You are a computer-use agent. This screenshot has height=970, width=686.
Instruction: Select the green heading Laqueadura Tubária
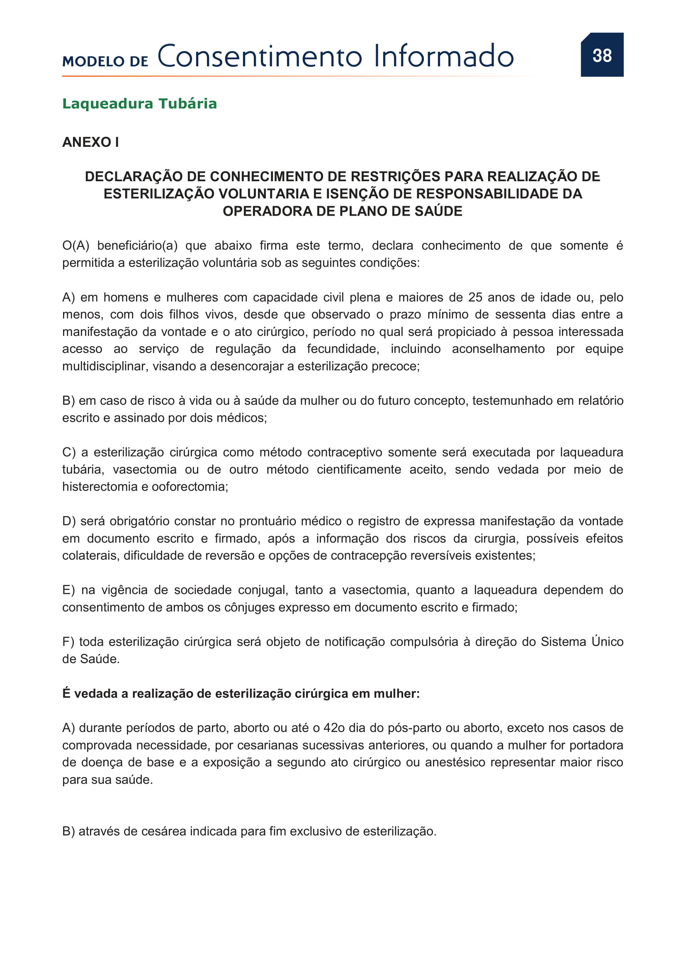point(139,104)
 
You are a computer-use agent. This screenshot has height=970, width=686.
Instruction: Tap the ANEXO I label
point(90,142)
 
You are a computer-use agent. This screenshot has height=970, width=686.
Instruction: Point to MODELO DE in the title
point(105,61)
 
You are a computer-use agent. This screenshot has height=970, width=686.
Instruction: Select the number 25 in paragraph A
point(475,297)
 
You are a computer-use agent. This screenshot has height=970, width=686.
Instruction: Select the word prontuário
point(268,521)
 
